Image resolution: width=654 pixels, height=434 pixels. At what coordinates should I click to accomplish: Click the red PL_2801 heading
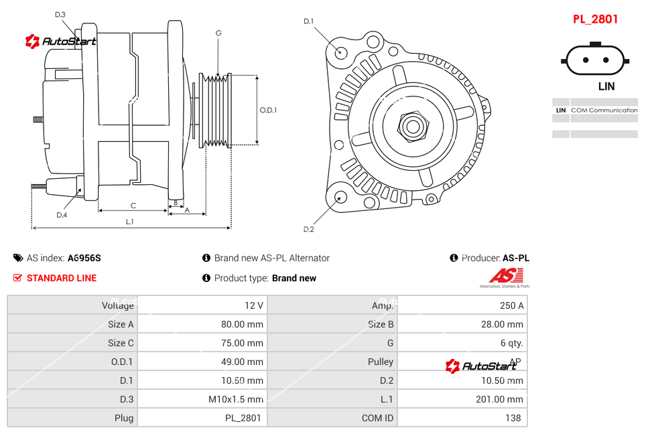(x=595, y=19)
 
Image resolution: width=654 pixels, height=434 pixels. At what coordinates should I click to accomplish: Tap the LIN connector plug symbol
(x=596, y=60)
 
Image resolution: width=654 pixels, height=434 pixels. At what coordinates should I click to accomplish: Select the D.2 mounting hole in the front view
(x=340, y=197)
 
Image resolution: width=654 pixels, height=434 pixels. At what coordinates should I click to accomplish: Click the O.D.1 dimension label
(x=268, y=110)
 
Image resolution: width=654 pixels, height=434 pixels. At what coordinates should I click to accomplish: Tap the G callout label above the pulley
(x=218, y=33)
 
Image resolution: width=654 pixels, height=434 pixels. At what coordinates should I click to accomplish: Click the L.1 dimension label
(x=130, y=221)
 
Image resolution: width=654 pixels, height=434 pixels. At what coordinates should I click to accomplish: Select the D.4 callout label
(x=62, y=215)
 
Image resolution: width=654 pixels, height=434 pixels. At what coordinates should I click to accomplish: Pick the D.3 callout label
(x=60, y=14)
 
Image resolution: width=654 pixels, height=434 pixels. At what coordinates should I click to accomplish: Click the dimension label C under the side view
(x=133, y=206)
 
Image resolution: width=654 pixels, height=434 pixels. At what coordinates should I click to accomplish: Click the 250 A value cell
(x=511, y=305)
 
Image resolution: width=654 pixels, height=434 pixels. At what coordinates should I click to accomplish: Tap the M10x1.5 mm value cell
(x=235, y=399)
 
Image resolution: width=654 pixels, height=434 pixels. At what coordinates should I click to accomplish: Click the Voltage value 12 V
(x=253, y=305)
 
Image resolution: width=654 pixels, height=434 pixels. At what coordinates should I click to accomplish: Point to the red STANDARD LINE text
(x=62, y=278)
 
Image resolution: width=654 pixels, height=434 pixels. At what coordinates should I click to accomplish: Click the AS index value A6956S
(x=84, y=258)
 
